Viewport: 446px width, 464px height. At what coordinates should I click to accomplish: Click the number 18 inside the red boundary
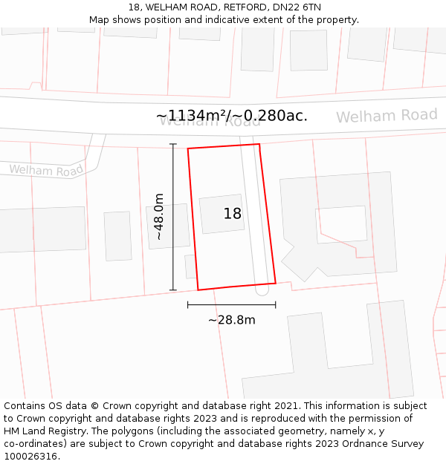tap(233, 214)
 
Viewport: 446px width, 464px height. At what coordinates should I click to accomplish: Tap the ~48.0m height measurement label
tap(158, 216)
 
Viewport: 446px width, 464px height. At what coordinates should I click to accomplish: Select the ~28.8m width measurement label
tap(231, 320)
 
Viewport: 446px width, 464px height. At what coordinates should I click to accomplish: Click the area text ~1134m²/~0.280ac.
tap(232, 116)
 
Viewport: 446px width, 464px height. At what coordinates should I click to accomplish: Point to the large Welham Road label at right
tap(387, 116)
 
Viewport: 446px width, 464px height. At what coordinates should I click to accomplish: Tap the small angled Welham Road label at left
tap(46, 170)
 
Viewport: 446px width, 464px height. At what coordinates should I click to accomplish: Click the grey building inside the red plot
tap(222, 215)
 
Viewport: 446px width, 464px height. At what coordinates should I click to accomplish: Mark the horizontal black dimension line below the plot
tap(231, 304)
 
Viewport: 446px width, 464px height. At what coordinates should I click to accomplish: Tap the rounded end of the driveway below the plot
tap(262, 291)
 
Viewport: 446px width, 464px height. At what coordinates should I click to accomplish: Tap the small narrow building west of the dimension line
tap(117, 236)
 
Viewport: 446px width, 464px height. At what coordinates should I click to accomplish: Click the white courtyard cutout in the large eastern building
tap(341, 223)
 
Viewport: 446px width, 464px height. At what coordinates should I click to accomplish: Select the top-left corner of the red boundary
tap(188, 148)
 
